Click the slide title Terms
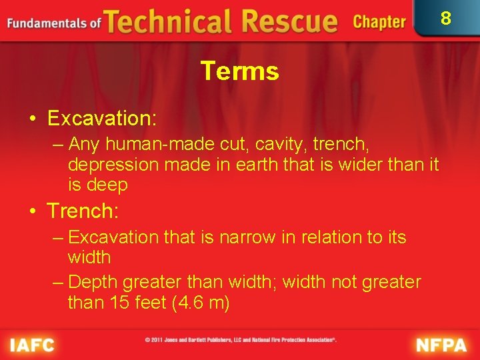coord(239,71)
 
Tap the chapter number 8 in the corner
coord(446,18)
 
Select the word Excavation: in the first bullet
coord(102,119)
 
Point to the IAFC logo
coord(31,345)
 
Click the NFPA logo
coord(442,345)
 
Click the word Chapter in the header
coord(379,22)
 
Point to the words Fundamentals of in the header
coord(53,23)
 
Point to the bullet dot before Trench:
coord(33,212)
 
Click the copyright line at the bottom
coord(241,340)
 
